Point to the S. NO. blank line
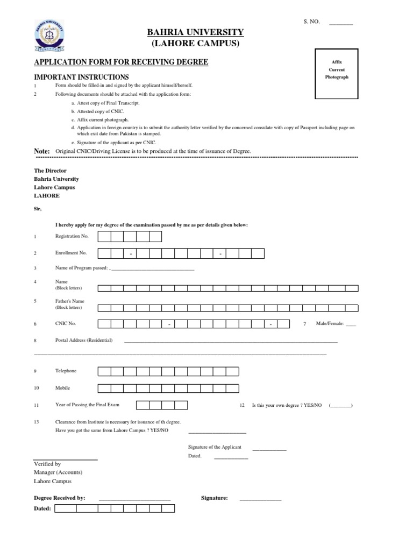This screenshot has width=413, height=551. click(341, 24)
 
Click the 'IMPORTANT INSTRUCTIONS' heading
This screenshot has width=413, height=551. click(82, 77)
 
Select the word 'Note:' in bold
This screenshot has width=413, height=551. click(42, 151)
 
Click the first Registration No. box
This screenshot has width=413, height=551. click(104, 237)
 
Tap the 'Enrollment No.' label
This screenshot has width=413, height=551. click(71, 252)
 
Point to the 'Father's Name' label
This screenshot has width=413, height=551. click(70, 301)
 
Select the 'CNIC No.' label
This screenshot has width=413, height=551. click(66, 324)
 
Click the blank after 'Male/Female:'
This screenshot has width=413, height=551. click(351, 324)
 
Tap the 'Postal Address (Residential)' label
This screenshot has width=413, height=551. click(84, 340)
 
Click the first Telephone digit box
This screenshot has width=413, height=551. click(104, 371)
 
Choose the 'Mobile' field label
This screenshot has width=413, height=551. click(62, 387)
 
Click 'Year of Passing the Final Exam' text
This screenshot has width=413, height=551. click(88, 405)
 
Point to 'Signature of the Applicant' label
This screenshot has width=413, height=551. click(215, 447)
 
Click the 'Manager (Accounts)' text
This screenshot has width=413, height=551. click(58, 472)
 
